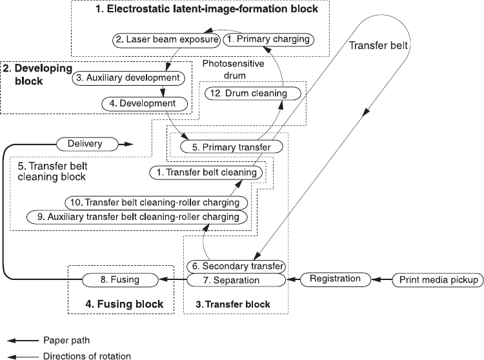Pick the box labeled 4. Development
click(145, 103)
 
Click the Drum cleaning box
click(254, 94)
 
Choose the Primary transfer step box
click(225, 147)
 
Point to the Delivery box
click(84, 143)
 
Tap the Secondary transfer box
click(236, 266)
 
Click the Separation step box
click(236, 281)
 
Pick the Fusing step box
click(120, 281)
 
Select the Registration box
click(334, 279)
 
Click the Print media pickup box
click(438, 280)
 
